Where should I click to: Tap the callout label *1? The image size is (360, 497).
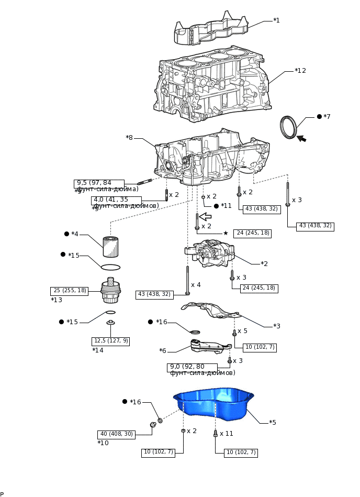pos(276,20)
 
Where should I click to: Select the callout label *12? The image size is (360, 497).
pos(300,71)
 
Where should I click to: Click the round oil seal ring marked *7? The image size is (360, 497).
pos(288,127)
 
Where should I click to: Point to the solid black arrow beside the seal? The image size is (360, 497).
pos(302,138)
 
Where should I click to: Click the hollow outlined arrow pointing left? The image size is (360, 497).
pos(205,216)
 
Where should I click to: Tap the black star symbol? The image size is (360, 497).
pos(226,233)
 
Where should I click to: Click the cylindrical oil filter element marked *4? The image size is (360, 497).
pos(110,246)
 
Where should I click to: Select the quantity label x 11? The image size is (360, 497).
pos(227,434)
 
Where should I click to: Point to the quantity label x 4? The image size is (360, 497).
pos(196,285)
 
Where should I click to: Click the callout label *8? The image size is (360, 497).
pos(129,138)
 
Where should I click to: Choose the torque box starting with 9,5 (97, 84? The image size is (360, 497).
pos(99,183)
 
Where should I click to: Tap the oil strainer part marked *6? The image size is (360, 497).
pos(207,346)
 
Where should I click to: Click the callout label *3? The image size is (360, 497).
pos(277,326)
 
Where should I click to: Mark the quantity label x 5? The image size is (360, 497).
pos(243,331)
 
